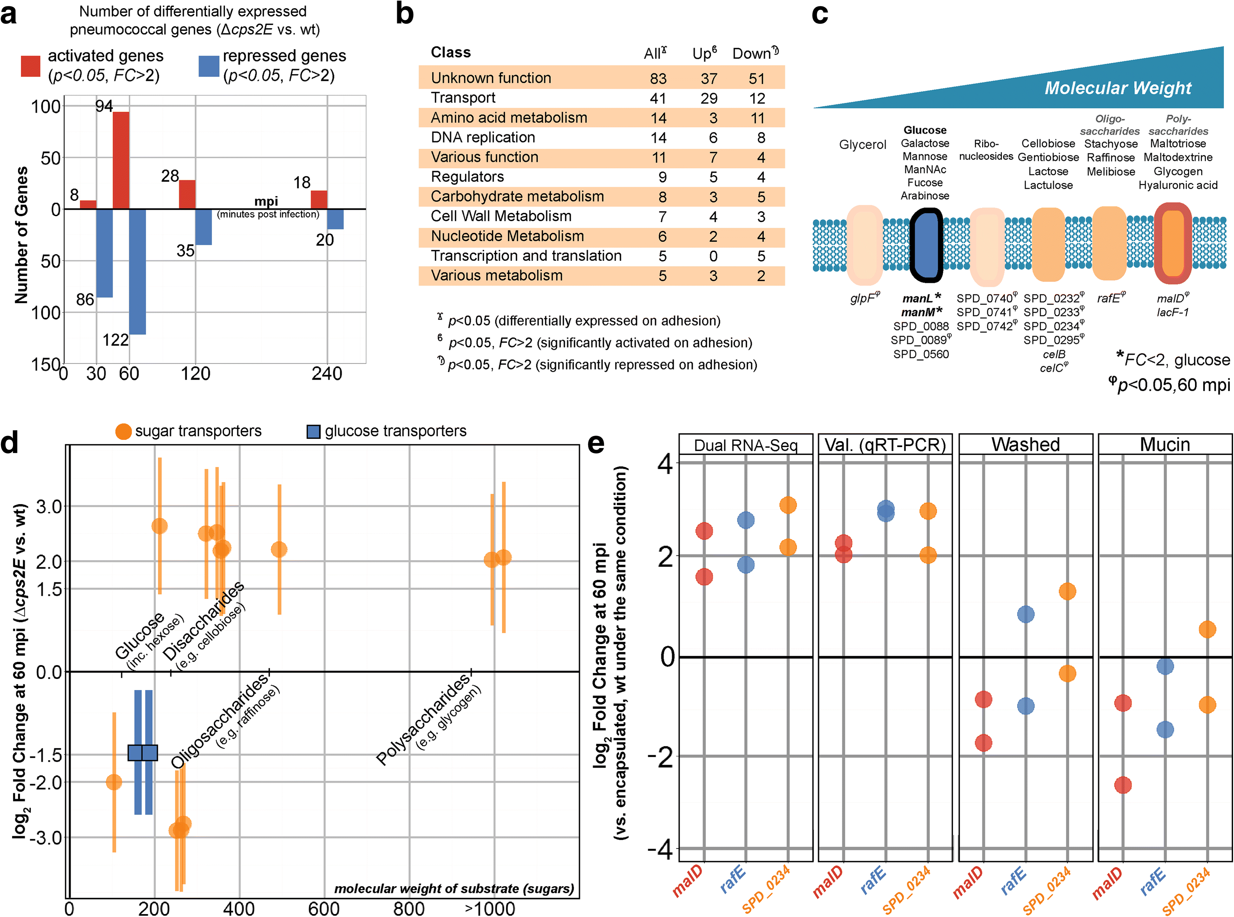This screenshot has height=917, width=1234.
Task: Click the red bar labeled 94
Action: [x=121, y=161]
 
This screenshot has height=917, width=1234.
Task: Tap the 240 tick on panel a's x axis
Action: [x=326, y=373]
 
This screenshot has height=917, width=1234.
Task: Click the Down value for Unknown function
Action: [x=756, y=78]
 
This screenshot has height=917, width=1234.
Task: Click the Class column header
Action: [x=451, y=53]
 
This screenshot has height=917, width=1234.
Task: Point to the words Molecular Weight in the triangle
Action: [x=1118, y=88]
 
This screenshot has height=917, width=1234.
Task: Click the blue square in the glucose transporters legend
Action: [x=313, y=431]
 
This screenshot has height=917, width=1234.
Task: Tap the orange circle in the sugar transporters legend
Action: [x=123, y=431]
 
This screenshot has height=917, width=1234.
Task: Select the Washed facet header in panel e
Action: [x=1025, y=445]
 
